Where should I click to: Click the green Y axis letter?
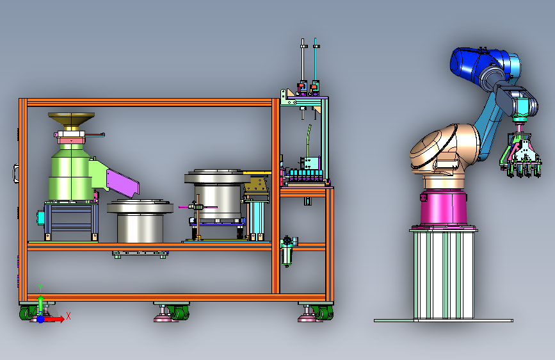[40, 288]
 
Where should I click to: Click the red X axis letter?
[68, 316]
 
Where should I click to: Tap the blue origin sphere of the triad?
[41, 319]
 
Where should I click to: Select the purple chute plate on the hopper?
[122, 182]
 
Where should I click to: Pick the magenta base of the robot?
[444, 208]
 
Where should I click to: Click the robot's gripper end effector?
[520, 156]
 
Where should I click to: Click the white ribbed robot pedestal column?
[444, 275]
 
